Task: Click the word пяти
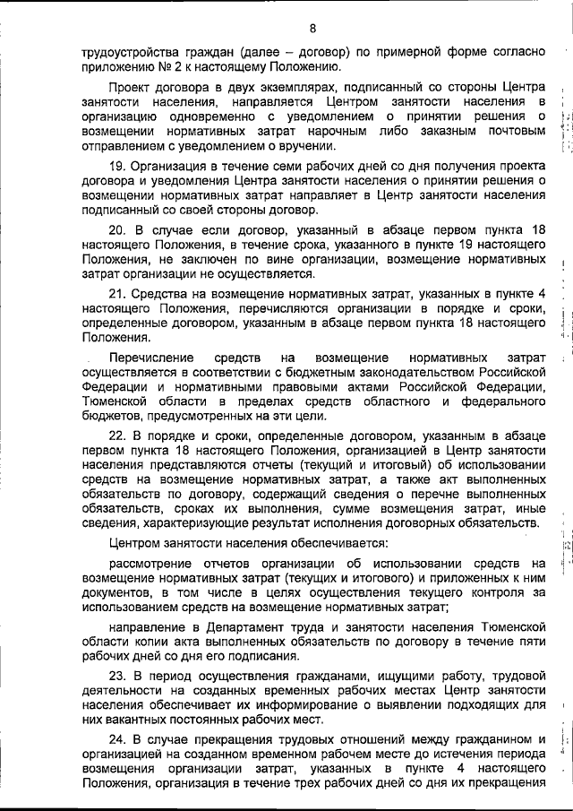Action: [529, 643]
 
